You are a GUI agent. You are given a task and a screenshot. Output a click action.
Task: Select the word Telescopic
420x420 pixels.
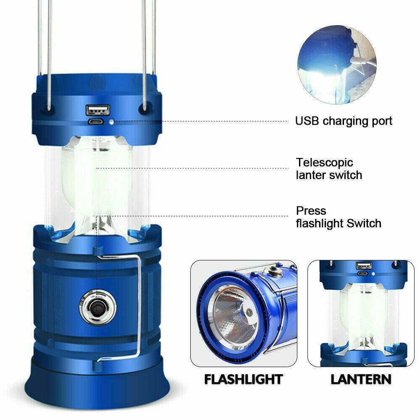click(x=325, y=163)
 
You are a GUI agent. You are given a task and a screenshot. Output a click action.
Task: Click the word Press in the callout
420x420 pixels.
click(x=311, y=210)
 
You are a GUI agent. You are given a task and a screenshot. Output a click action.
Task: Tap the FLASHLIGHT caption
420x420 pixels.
click(x=243, y=379)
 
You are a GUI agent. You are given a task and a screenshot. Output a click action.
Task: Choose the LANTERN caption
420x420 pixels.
click(x=361, y=379)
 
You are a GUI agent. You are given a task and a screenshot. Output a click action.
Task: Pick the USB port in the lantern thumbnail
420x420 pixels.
click(x=362, y=265)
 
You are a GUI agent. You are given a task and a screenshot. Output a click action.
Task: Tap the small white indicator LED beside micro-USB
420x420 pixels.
click(x=112, y=121)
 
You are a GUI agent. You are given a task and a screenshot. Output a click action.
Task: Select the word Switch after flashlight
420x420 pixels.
click(x=364, y=223)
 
